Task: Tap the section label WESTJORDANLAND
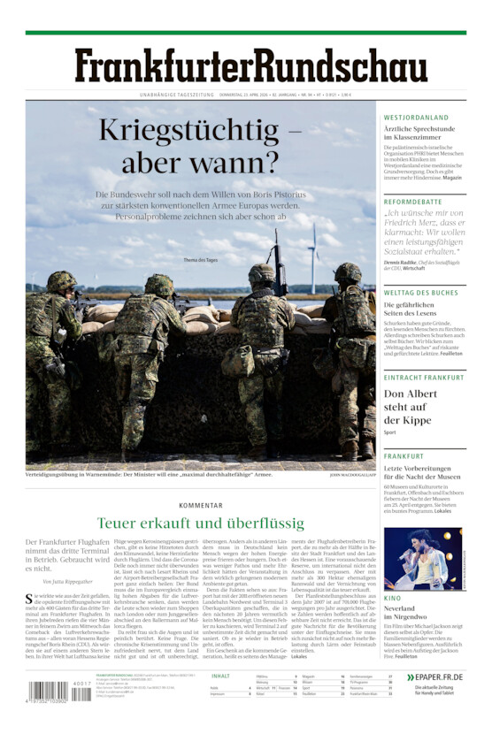416,118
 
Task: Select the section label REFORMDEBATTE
412,202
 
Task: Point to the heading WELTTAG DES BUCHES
420,293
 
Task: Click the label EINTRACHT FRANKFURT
424,378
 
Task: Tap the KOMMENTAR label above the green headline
200,505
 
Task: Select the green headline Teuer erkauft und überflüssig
201,523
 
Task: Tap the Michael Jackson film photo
422,559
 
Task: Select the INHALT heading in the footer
220,677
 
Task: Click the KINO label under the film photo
392,599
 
